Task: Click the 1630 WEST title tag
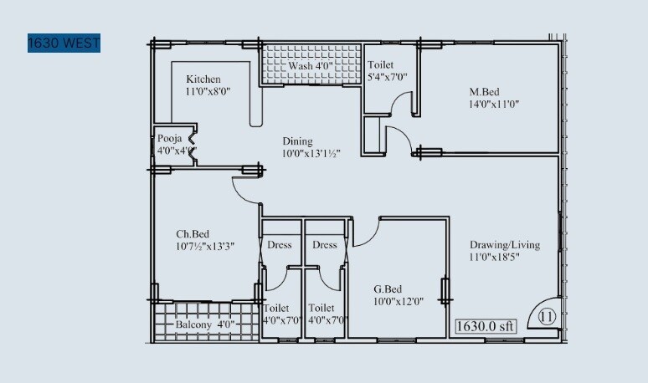coord(64,43)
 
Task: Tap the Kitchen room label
coord(203,79)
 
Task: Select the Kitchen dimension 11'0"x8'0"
coord(208,92)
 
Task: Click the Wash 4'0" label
coord(311,66)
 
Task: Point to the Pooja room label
coord(170,138)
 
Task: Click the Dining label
coord(296,141)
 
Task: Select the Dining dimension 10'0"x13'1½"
coord(310,154)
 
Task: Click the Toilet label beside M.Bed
coord(380,64)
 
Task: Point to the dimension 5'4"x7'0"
coord(387,78)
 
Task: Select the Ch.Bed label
coord(192,233)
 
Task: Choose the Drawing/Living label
coord(504,245)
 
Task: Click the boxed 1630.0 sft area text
coord(486,326)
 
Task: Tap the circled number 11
coord(547,317)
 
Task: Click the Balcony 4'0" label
coord(205,324)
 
